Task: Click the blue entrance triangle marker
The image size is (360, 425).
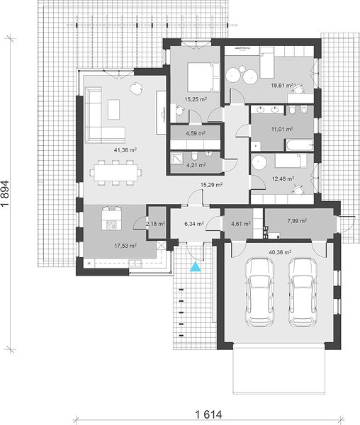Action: click(x=195, y=267)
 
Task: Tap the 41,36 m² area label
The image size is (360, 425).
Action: click(x=125, y=150)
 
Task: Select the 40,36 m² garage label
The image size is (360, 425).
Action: click(x=280, y=252)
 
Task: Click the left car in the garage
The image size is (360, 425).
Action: click(x=259, y=292)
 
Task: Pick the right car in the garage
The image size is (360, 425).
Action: click(x=302, y=292)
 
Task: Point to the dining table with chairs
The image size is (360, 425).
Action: click(x=116, y=173)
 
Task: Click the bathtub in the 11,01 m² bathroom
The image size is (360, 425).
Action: click(x=298, y=144)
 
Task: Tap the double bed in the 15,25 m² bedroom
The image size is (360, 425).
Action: click(x=203, y=77)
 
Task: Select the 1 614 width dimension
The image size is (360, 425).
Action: click(x=208, y=414)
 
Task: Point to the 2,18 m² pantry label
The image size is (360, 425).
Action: click(x=156, y=224)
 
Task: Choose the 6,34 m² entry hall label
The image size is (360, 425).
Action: click(x=194, y=224)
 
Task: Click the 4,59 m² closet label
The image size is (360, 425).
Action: click(x=195, y=133)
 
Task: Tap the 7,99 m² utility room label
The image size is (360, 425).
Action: click(x=297, y=221)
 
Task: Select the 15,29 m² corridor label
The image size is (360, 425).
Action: click(x=211, y=185)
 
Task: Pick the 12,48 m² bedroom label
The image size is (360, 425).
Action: click(x=283, y=178)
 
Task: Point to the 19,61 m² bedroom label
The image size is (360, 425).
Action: click(x=283, y=86)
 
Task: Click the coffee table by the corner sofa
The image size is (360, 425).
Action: click(x=114, y=109)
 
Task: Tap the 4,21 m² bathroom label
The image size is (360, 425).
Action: click(x=196, y=165)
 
